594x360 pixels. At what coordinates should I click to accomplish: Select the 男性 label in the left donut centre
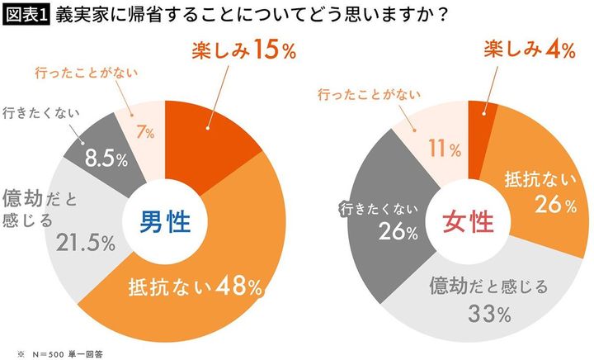click(x=163, y=220)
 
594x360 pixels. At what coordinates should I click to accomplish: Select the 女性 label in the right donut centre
click(x=469, y=220)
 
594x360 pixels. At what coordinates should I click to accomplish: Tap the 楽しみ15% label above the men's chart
click(x=234, y=51)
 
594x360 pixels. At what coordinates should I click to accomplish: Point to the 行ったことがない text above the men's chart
click(x=85, y=73)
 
